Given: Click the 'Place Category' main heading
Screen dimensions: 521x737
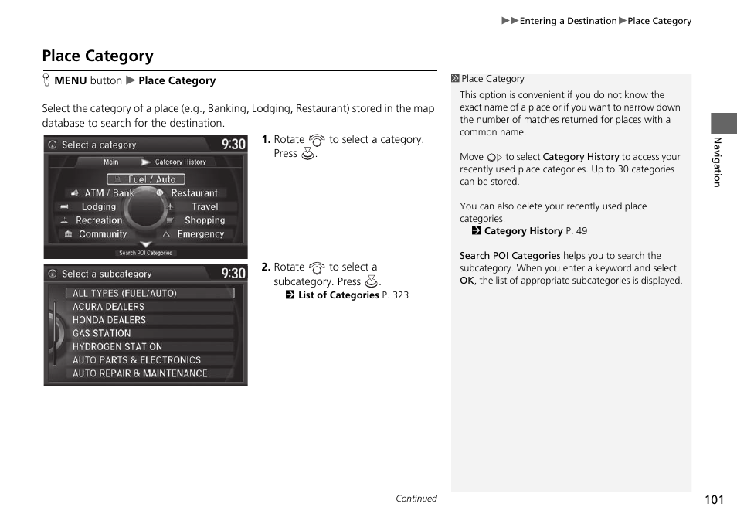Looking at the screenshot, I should (97, 56).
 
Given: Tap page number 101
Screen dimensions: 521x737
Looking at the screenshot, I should (714, 499).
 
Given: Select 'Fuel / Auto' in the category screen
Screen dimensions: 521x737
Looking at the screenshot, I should (146, 179).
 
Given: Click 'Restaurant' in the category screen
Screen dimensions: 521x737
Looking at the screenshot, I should (194, 193).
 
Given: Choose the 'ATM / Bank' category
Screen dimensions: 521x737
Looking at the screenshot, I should (108, 193).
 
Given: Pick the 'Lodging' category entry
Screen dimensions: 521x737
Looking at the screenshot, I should (98, 207).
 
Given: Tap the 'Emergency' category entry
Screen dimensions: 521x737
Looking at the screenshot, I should (200, 234).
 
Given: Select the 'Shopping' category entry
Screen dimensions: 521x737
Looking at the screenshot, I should (204, 220).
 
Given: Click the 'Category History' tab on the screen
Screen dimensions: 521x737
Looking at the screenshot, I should (180, 162).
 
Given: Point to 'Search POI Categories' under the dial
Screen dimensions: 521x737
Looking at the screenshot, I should (145, 253).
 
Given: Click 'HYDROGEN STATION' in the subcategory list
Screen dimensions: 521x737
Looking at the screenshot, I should (117, 347).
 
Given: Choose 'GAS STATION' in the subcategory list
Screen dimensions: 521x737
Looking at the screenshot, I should (102, 333).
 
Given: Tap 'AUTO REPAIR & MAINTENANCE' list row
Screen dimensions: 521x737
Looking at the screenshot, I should (140, 373).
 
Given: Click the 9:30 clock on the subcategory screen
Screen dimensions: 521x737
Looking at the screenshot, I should (233, 274).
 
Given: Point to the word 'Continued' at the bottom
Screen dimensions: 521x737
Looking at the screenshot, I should (416, 499).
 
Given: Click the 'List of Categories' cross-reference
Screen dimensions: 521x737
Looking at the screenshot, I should (338, 295).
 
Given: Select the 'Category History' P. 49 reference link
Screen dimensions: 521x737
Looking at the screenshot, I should (523, 231).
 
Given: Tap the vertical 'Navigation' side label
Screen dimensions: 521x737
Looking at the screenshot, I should (717, 162).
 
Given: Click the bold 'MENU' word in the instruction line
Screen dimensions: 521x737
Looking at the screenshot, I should (70, 80).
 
